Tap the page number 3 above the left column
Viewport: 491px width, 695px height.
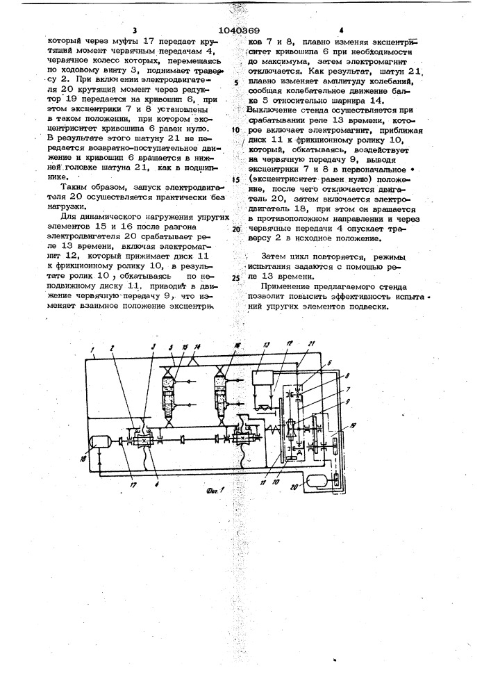tap(132, 31)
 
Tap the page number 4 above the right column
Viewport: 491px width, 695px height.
tap(342, 31)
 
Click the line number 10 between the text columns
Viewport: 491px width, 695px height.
tap(235, 129)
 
